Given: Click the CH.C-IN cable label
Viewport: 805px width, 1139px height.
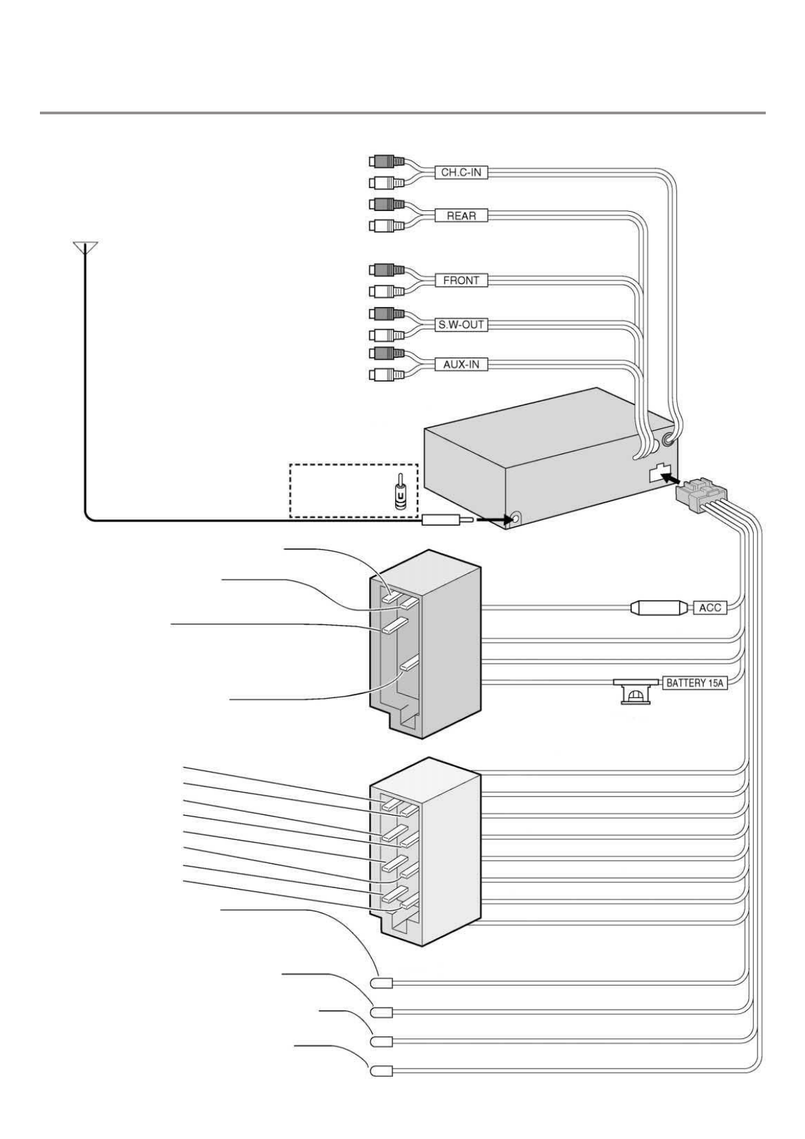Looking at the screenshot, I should (461, 172).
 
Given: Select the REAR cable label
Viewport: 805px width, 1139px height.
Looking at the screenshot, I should (461, 216).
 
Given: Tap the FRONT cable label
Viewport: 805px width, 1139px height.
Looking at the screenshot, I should (461, 280).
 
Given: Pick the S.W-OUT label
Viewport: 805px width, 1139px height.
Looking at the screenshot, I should (461, 325).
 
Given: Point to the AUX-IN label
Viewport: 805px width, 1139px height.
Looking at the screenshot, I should (461, 365).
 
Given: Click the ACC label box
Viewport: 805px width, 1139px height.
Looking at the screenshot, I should (710, 607).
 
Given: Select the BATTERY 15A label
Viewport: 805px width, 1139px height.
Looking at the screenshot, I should (694, 683).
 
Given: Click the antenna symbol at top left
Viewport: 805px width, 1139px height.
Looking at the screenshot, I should (85, 247).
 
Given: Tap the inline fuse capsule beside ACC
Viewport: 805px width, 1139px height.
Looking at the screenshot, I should (655, 607).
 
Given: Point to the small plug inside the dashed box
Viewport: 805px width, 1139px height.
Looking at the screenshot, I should (400, 492).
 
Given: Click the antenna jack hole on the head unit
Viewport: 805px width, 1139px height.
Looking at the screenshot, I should (516, 519).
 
